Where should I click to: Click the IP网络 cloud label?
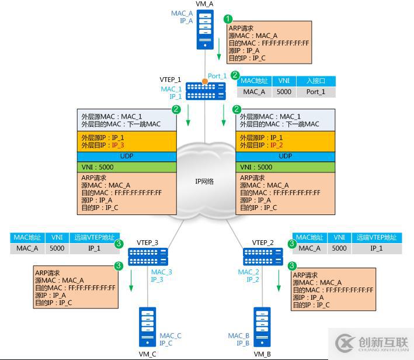[204, 181]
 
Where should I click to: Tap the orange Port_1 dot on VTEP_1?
[204, 80]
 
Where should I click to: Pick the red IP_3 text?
[119, 145]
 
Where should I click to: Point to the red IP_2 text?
[277, 145]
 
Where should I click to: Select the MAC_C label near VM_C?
[171, 335]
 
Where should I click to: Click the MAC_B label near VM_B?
[239, 335]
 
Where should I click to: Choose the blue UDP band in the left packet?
[127, 156]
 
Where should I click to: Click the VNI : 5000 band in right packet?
[285, 167]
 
